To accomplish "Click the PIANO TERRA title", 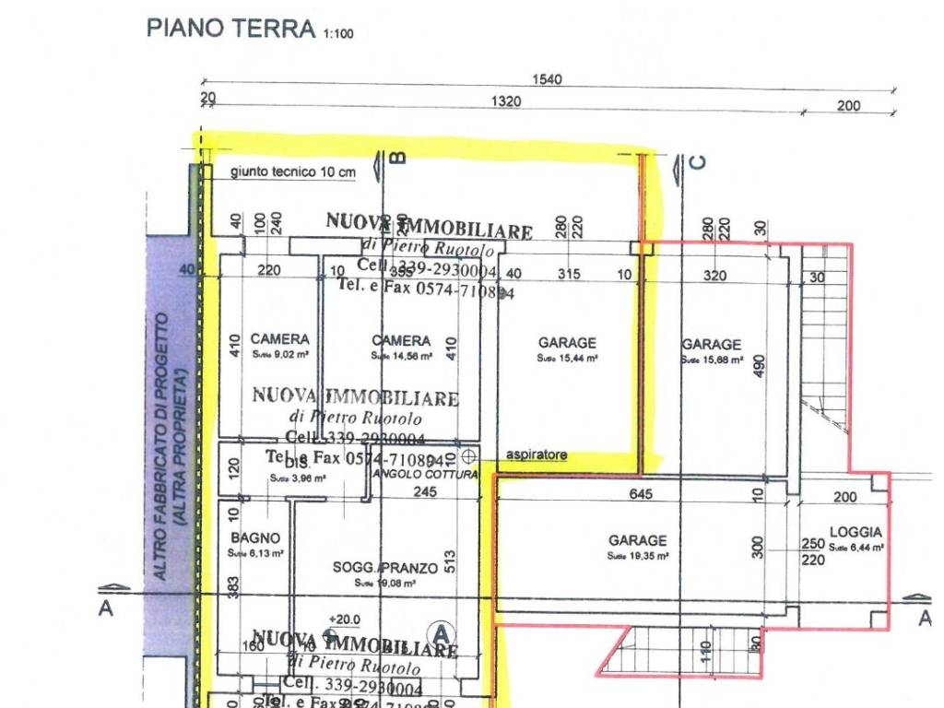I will tap(230, 28).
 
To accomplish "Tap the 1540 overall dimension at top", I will tap(547, 80).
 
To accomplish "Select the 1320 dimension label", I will tap(505, 102).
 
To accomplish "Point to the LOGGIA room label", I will tap(855, 532).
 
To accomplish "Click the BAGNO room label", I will tap(255, 538).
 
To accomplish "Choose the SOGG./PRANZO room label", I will tap(385, 568).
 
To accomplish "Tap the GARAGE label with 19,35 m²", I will tap(637, 540).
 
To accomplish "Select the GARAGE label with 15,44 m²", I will tap(567, 343).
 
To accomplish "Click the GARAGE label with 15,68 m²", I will tap(712, 345).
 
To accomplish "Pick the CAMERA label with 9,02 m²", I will tap(279, 339).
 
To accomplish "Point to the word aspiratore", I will tap(537, 455).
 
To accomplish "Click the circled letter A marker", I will tap(442, 633).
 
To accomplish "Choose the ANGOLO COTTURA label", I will tap(424, 475).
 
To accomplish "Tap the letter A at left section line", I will tap(106, 609).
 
